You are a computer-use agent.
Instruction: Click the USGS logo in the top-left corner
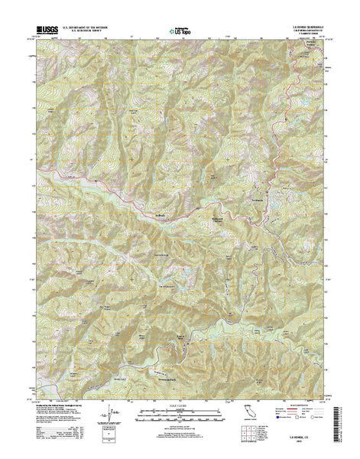click(44, 31)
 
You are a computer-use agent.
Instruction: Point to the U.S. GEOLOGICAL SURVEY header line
click(86, 33)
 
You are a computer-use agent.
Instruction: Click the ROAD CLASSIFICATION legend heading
click(304, 405)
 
